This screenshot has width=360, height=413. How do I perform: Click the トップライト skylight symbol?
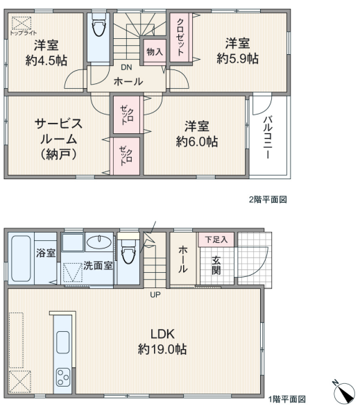click(22, 24)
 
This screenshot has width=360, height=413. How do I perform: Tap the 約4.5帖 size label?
click(46, 60)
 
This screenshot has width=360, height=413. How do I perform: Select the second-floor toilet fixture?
click(99, 24)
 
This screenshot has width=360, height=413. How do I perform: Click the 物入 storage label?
click(155, 51)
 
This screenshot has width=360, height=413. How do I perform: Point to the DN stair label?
click(126, 67)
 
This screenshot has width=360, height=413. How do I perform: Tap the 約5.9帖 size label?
click(237, 58)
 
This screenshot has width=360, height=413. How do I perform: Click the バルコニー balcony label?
click(268, 137)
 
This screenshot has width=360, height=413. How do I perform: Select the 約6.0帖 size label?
click(197, 142)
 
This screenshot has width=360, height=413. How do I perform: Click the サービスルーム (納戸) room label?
click(58, 139)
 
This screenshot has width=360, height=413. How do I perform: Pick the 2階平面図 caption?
click(268, 200)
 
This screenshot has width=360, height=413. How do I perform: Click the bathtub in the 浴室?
click(21, 258)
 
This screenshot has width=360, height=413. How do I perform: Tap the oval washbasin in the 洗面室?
click(99, 242)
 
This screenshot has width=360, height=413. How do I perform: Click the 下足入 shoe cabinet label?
click(216, 239)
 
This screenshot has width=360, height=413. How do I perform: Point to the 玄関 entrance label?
click(216, 265)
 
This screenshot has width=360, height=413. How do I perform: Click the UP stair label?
click(155, 295)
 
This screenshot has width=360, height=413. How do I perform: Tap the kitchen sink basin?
click(63, 342)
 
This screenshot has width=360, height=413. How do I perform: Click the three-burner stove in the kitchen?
click(63, 377)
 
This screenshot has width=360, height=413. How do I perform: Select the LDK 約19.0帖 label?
click(162, 342)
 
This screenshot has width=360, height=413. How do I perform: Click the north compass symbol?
click(345, 393)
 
